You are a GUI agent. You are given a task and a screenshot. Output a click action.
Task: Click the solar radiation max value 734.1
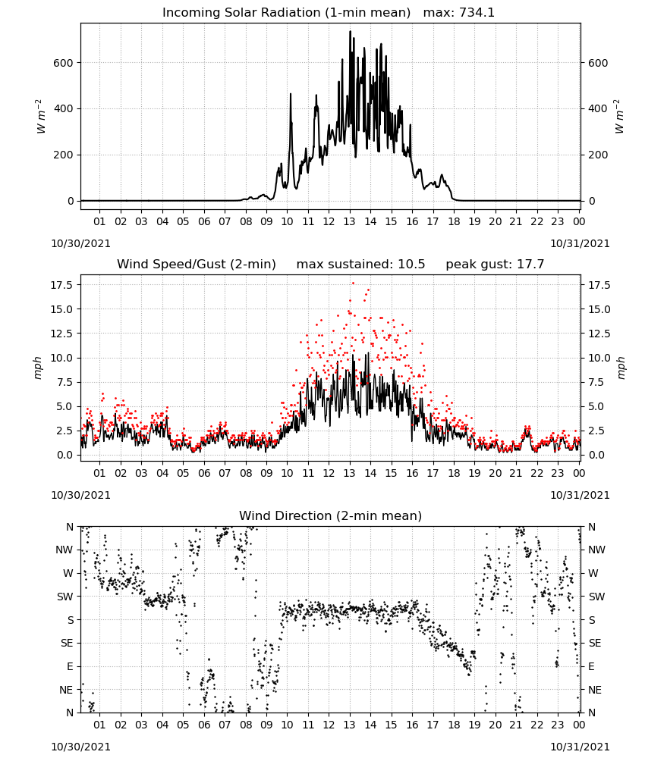(477, 12)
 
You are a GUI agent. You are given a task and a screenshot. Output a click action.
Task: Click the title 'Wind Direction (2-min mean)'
(331, 515)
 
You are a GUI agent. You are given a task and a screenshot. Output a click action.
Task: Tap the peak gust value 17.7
(531, 264)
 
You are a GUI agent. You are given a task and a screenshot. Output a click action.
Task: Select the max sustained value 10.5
(411, 264)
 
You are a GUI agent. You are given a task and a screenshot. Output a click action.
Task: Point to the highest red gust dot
(353, 283)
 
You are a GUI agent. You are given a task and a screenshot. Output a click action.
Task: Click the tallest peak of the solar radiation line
(350, 32)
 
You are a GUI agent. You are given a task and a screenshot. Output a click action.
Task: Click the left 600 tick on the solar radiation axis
(64, 63)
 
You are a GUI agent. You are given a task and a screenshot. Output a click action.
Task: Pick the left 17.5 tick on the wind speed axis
(61, 285)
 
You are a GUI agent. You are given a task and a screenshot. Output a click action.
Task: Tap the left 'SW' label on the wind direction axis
(64, 597)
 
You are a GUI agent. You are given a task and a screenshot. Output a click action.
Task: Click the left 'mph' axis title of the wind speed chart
(38, 368)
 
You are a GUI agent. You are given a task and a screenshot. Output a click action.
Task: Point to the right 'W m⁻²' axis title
(619, 117)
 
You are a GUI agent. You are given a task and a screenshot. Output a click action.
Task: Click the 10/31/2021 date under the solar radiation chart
(580, 243)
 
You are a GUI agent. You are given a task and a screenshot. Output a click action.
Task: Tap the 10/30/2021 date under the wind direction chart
(80, 747)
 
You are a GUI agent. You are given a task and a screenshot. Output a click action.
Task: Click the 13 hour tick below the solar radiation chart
(349, 221)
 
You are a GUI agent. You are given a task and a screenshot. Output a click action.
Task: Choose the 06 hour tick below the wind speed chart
(204, 473)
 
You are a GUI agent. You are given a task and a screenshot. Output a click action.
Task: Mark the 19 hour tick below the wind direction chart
(474, 725)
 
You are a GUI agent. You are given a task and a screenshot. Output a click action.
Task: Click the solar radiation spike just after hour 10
(291, 95)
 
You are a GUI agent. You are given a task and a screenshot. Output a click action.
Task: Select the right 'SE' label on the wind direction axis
(595, 643)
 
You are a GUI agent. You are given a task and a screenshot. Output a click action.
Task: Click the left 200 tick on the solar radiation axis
(64, 155)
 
